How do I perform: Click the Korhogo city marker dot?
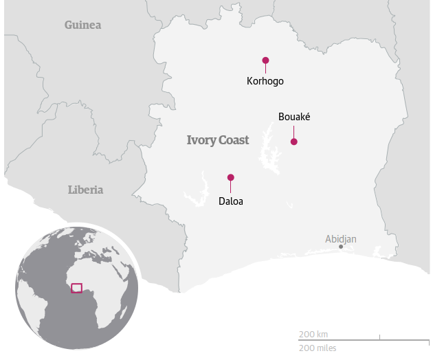click(265, 60)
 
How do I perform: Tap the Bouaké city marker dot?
click(293, 142)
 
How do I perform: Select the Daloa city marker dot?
click(231, 177)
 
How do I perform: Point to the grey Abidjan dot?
click(341, 247)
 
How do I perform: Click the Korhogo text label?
click(265, 81)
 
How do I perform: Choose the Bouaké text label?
click(294, 117)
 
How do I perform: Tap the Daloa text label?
click(231, 201)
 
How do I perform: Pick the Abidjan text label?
click(341, 238)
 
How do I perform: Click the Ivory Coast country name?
click(219, 140)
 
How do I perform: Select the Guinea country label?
click(82, 25)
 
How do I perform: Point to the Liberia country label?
click(85, 190)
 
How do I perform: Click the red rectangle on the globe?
click(76, 288)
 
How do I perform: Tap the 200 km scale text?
click(313, 334)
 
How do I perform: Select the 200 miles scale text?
click(317, 348)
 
